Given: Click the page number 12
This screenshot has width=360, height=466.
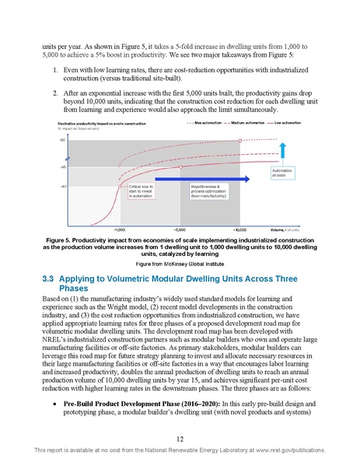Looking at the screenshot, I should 180,437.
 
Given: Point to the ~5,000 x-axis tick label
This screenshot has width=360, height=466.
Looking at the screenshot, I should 180,230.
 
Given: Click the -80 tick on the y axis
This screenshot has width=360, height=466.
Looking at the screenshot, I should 61,140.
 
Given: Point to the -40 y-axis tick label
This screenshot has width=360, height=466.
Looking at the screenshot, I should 61,186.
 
